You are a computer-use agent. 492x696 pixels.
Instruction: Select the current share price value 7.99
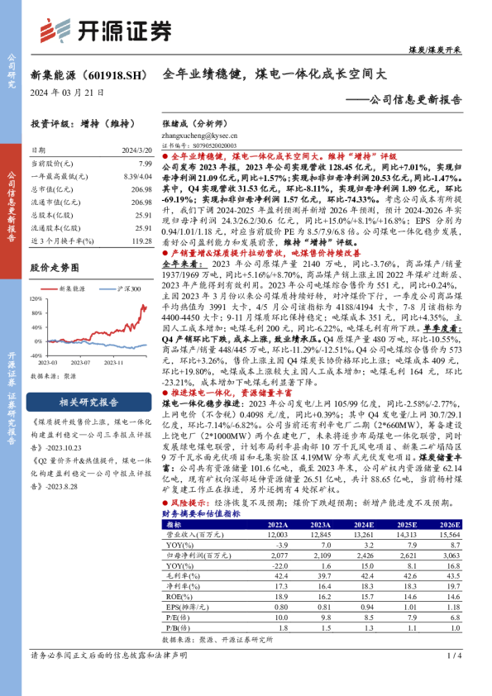coord(145,165)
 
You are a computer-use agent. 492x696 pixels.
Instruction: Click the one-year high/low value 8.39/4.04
coord(137,178)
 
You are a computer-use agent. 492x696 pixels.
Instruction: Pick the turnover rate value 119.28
coord(141,240)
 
